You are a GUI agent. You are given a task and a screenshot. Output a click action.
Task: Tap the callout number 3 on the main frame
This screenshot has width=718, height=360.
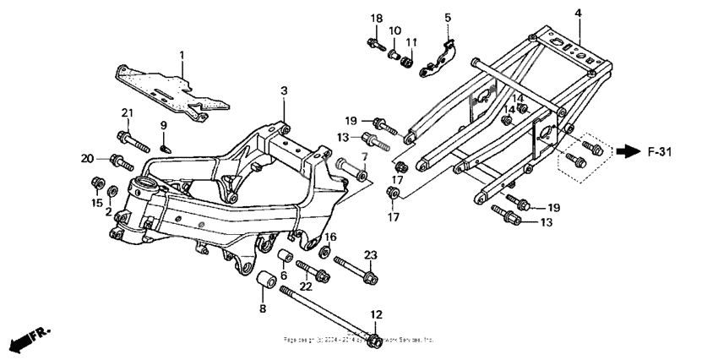pos(285,90)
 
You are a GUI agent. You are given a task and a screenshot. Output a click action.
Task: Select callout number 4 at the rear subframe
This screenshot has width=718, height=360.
pos(578,13)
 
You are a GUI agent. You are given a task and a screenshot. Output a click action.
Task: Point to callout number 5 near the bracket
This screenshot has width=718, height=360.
pos(448,17)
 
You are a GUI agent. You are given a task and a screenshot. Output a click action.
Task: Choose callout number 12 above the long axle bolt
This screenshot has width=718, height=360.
pos(376,314)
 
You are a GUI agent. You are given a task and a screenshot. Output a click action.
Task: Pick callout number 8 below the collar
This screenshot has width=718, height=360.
pos(262,308)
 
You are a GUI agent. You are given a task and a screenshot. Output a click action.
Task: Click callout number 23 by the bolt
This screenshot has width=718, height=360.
pos(369,256)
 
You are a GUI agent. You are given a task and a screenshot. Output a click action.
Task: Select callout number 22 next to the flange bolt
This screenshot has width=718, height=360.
pos(306,286)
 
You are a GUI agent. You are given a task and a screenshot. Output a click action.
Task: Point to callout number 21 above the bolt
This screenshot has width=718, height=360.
pos(128,113)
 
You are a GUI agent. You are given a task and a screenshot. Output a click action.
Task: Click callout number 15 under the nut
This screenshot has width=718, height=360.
pos(95,203)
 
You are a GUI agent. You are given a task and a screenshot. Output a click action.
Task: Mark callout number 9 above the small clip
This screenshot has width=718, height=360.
pos(165,126)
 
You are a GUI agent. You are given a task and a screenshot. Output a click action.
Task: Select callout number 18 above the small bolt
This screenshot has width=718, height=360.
pos(376,19)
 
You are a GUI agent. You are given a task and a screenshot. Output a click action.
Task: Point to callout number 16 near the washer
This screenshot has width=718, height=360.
pos(330,237)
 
